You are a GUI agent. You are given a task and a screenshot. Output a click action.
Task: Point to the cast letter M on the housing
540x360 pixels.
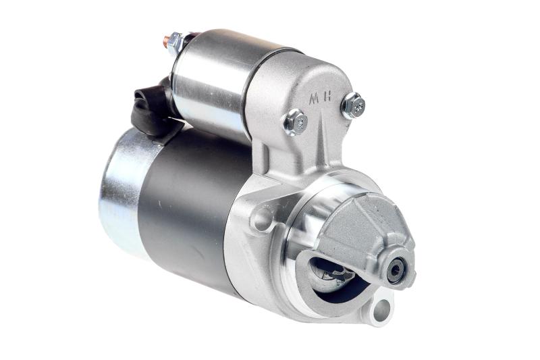[313, 99]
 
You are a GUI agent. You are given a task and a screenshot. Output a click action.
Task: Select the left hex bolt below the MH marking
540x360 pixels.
[296, 122]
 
